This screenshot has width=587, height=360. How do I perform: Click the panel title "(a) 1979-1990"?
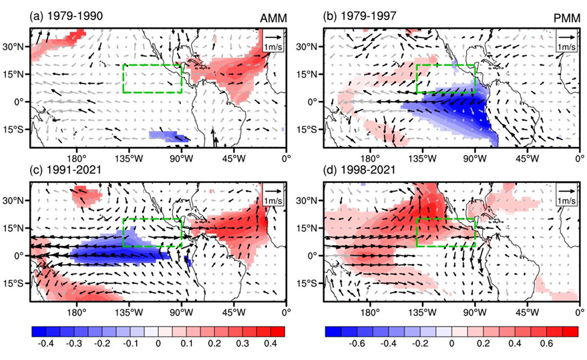coord(66,16)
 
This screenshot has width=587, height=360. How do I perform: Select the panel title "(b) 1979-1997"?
coord(359,16)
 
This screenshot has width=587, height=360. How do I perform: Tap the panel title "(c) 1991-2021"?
coord(65,170)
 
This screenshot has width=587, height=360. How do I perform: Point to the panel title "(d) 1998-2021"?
coord(359,170)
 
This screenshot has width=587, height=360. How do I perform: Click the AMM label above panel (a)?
coord(274,18)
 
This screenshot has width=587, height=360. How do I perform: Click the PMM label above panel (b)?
coord(568,18)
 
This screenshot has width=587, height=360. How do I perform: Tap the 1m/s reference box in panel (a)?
coord(274,41)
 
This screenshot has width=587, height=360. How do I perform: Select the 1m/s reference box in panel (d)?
coord(567,195)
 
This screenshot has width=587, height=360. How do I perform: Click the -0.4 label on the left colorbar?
coord(46,343)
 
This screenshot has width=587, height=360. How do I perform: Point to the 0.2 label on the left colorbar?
coord(214,343)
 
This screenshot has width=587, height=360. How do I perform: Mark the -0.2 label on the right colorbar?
coord(421,343)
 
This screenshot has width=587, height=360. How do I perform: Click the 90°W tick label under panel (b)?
coord(475,158)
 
